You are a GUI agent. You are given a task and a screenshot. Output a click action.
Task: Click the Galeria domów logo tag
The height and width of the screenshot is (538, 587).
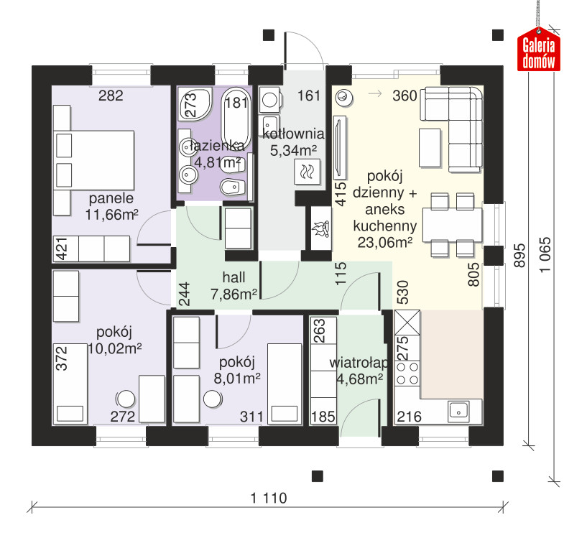(x=539, y=50)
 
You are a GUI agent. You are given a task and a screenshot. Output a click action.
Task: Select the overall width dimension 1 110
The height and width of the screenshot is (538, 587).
(x=269, y=498)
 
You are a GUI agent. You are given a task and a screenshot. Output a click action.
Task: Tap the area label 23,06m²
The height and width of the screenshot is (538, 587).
(x=385, y=243)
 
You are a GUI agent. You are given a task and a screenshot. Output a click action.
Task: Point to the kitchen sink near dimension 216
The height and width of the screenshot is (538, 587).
(x=458, y=411)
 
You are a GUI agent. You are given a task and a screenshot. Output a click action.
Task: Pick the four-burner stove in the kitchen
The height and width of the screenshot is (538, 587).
(x=407, y=374)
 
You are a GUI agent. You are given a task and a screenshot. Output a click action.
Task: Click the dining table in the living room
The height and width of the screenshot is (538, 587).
(x=452, y=225)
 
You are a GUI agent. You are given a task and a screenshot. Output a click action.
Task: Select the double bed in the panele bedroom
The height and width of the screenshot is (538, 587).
(x=94, y=160)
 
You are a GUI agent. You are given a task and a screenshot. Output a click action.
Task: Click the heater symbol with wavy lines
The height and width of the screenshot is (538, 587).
(x=308, y=172)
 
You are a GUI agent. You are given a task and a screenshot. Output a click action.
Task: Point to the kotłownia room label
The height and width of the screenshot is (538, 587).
(x=293, y=134)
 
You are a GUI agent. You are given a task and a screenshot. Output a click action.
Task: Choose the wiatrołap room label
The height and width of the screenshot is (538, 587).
(x=359, y=363)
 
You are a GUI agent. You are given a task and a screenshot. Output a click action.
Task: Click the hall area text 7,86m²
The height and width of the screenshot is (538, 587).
(x=234, y=294)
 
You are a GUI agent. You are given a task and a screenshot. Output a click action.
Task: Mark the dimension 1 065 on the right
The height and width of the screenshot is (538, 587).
(x=545, y=254)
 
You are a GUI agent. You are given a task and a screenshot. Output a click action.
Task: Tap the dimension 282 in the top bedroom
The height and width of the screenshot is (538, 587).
(x=111, y=96)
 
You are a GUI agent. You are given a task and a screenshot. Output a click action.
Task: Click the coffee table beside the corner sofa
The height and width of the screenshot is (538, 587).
(x=430, y=147)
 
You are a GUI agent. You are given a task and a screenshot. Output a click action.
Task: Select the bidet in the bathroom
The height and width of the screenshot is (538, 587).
(x=233, y=187)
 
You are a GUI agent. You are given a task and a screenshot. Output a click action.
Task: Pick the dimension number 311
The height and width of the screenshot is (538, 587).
(x=251, y=417)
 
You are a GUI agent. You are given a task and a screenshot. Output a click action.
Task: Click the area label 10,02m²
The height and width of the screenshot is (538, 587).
(x=114, y=348)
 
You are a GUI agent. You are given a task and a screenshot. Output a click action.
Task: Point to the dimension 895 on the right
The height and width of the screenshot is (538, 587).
(x=519, y=256)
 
